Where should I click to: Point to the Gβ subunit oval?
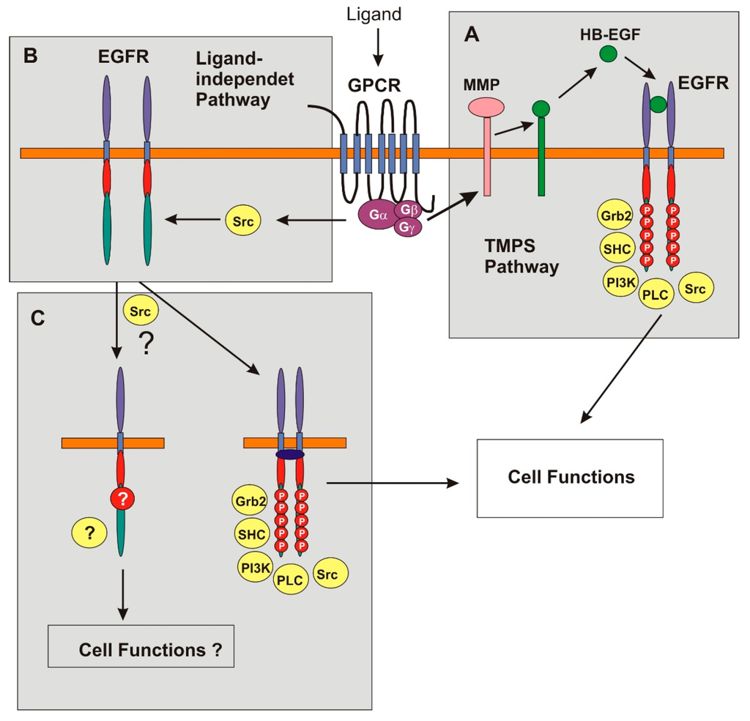coord(408,210)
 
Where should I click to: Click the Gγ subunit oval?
coord(407,229)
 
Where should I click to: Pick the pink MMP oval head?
coord(486,107)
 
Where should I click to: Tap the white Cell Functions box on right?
coord(570,478)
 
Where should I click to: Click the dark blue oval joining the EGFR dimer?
coord(291,454)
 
